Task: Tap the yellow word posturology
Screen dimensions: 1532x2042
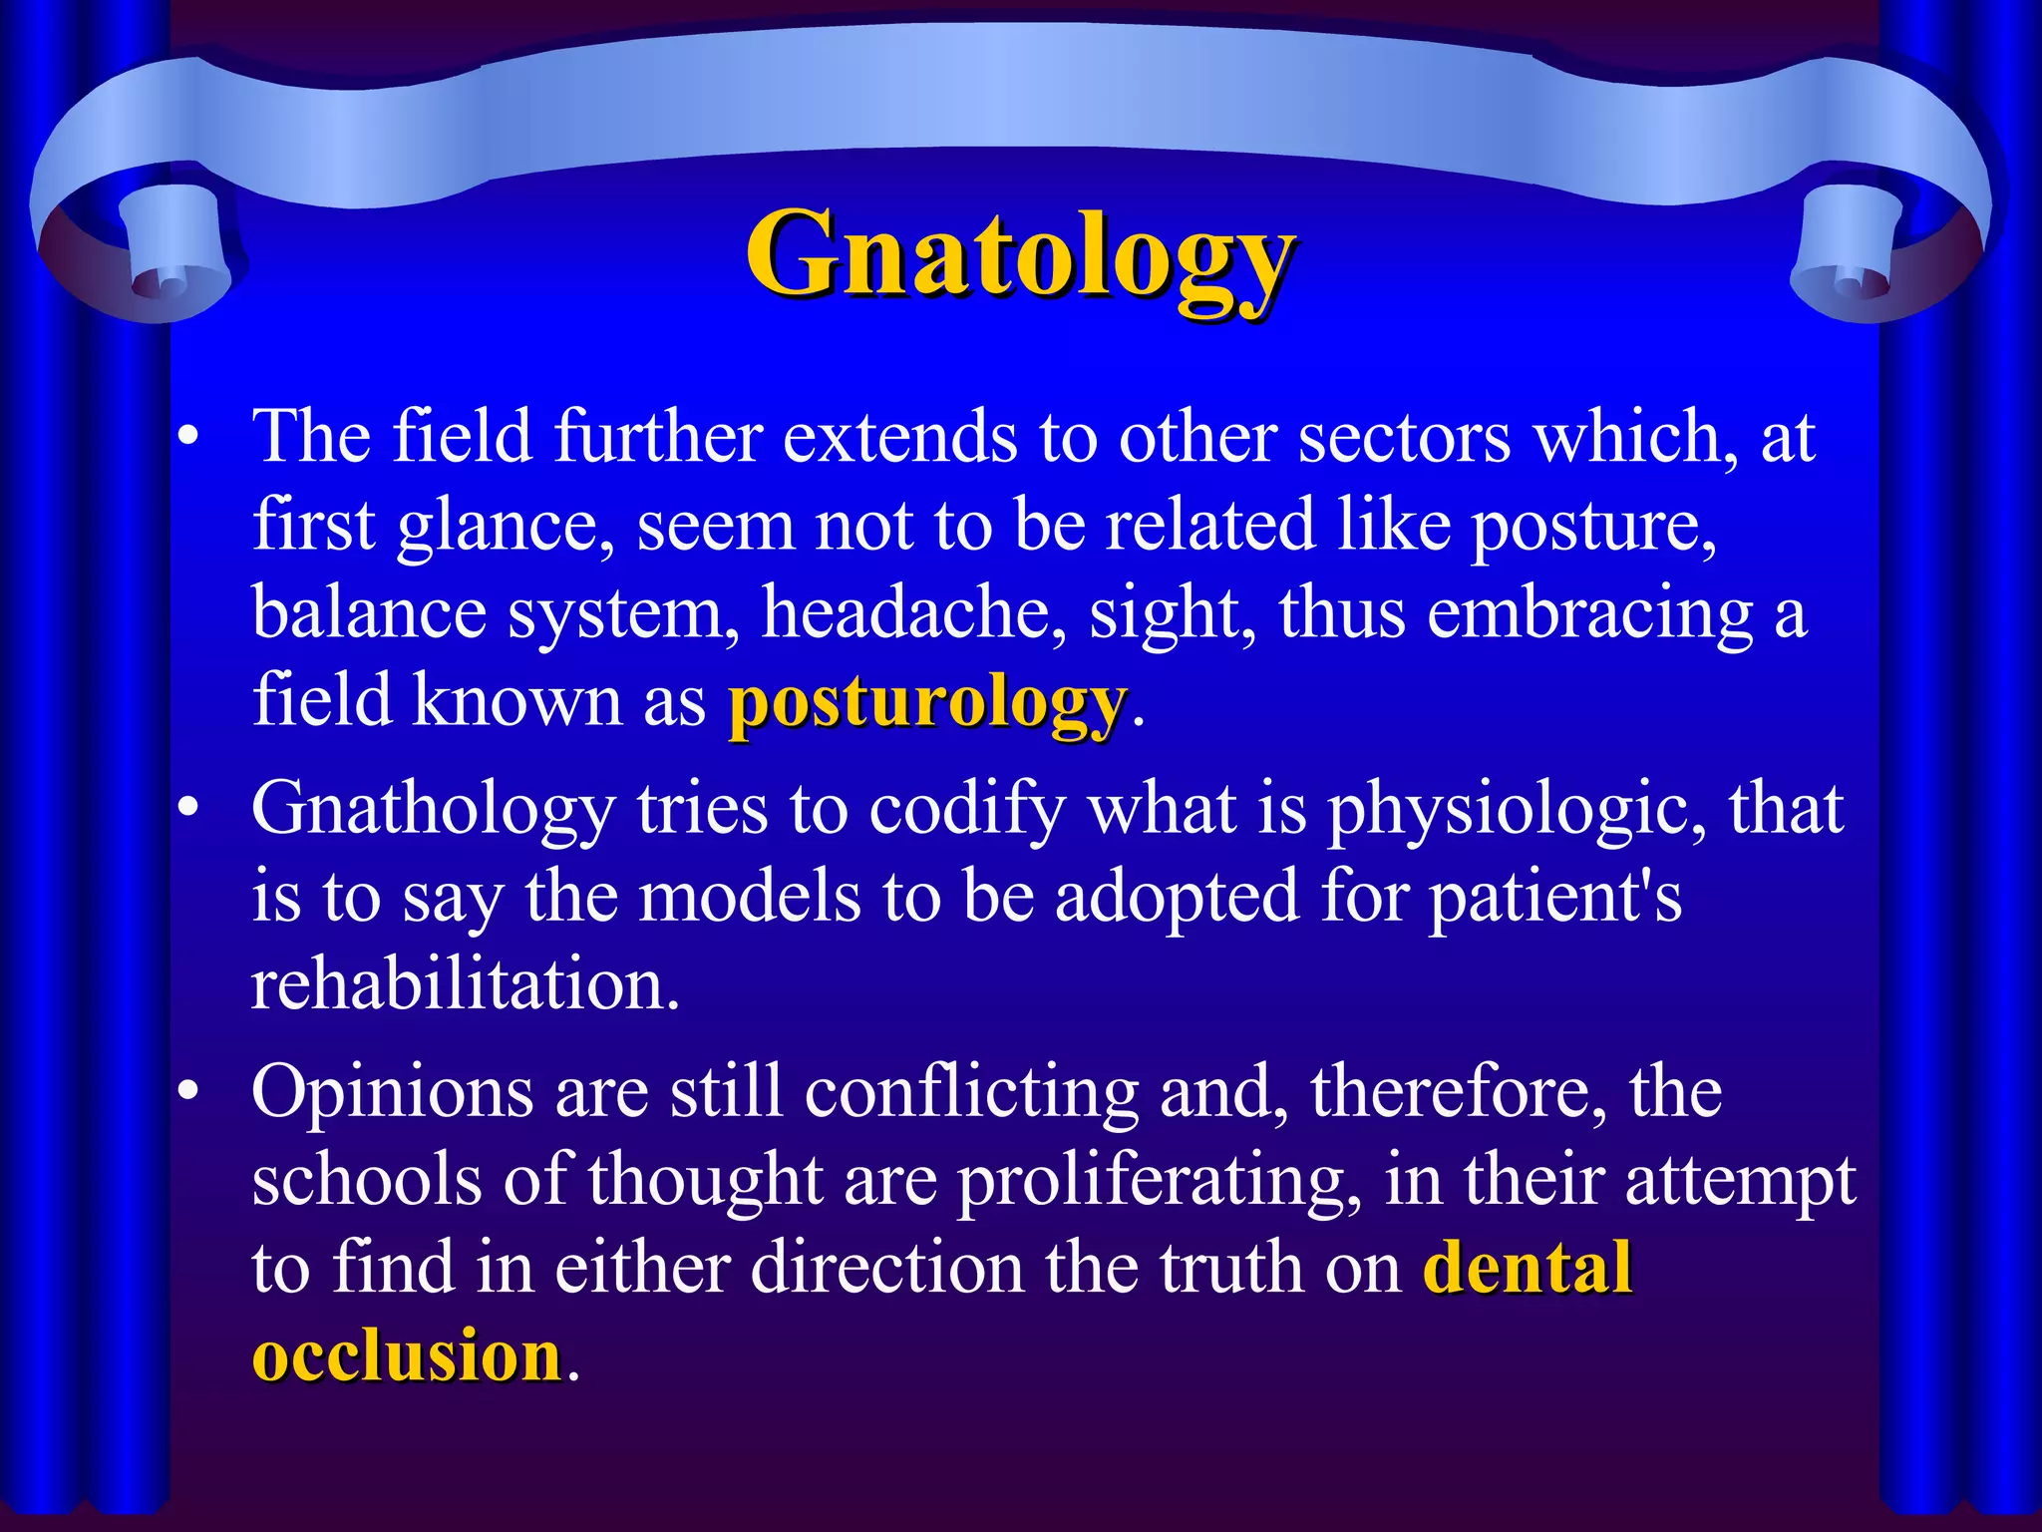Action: point(927,702)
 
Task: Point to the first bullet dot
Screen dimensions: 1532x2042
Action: point(187,439)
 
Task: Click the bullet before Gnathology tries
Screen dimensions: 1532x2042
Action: point(187,810)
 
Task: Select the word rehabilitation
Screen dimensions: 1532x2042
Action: point(465,983)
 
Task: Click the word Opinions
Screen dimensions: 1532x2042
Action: point(393,1093)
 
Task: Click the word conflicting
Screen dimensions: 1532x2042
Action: point(971,1093)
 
